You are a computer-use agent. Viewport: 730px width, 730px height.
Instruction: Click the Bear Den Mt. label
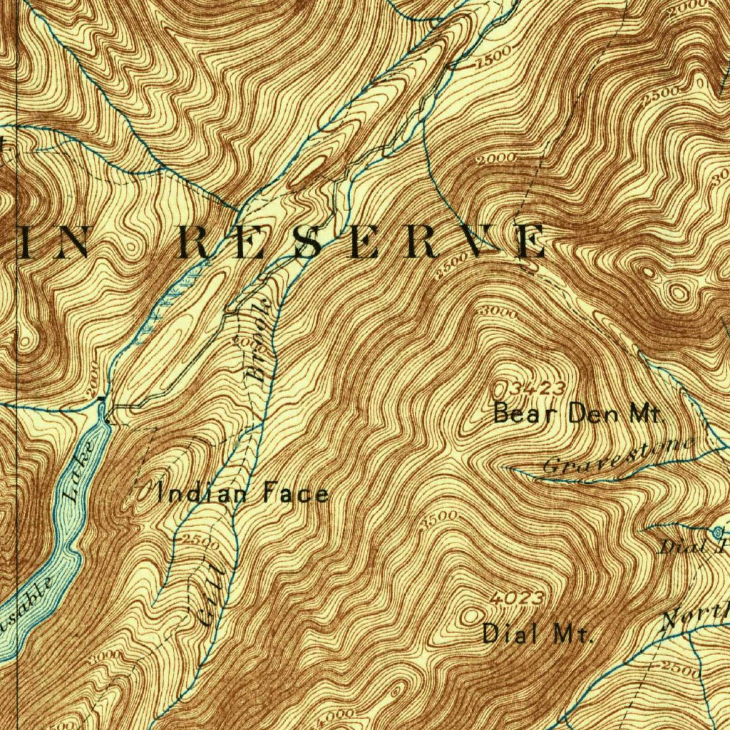click(x=578, y=413)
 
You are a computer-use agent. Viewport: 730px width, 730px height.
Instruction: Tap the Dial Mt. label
click(x=538, y=633)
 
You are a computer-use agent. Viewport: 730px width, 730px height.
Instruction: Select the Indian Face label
click(x=246, y=493)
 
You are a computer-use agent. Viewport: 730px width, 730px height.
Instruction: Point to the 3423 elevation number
click(x=540, y=389)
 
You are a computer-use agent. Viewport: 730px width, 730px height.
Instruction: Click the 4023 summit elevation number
click(x=518, y=597)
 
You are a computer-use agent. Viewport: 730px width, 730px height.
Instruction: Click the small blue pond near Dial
click(x=717, y=531)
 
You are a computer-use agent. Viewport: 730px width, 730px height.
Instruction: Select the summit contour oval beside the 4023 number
click(x=471, y=615)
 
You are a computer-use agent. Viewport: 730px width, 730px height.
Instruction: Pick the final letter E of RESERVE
click(x=531, y=242)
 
